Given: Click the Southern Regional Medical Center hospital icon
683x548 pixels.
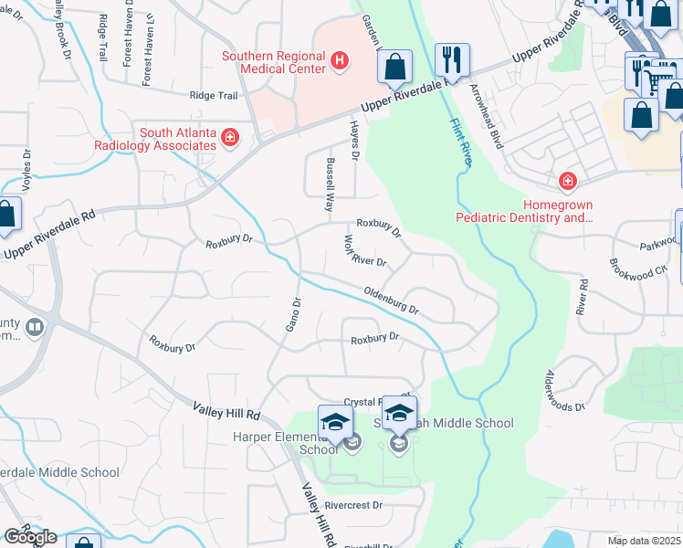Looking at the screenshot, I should (340, 61).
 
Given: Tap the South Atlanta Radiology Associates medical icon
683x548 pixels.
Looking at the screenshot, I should (230, 138).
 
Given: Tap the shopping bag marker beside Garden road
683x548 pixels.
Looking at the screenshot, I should (394, 67).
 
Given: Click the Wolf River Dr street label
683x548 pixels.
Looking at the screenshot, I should (364, 252).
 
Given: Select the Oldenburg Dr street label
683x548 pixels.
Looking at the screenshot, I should (391, 301).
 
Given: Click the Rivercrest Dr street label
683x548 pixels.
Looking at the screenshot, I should (352, 504).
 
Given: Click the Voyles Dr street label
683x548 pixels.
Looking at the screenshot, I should (26, 169).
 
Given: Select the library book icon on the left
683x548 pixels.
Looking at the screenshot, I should (35, 326).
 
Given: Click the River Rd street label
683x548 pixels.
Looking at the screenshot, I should (582, 305).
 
